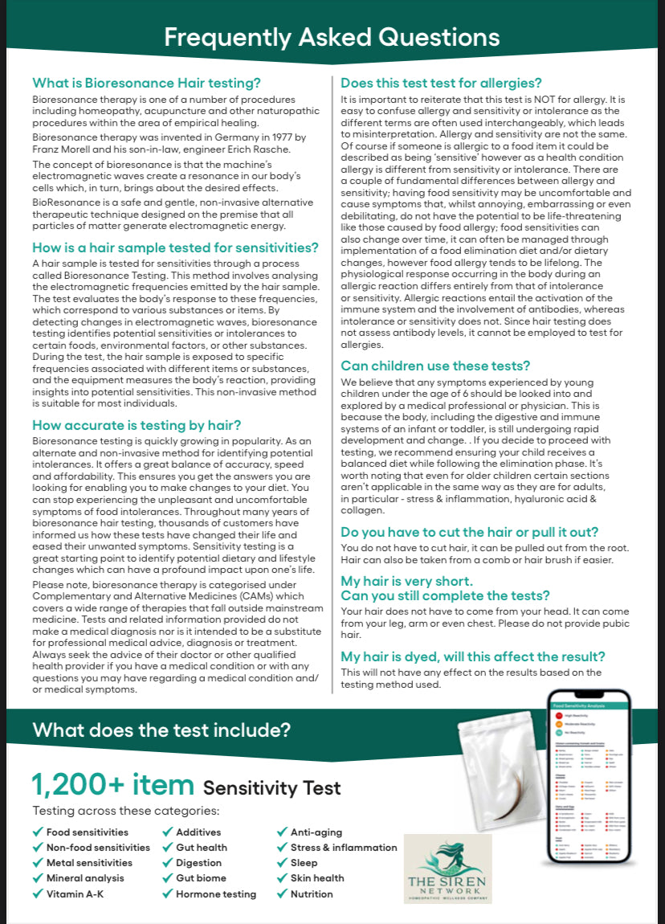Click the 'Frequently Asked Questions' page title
(332, 37)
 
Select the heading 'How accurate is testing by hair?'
(137, 425)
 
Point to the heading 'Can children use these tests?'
(435, 366)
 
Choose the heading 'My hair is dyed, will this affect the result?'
(473, 656)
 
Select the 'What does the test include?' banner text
(161, 730)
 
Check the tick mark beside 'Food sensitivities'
(37, 832)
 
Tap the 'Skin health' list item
(317, 878)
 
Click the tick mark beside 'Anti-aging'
(282, 832)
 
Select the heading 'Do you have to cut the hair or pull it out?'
(469, 532)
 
